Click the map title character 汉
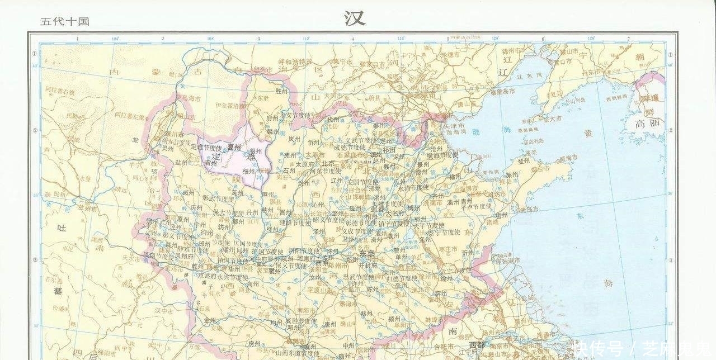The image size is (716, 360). (x=355, y=18)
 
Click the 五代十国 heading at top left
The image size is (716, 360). (x=65, y=22)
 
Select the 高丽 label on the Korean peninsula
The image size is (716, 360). (x=647, y=124)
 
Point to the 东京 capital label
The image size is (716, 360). (x=368, y=253)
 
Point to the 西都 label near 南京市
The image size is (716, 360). (x=477, y=344)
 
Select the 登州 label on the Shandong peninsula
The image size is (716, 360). (x=523, y=160)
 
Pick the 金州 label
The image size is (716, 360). (x=210, y=320)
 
